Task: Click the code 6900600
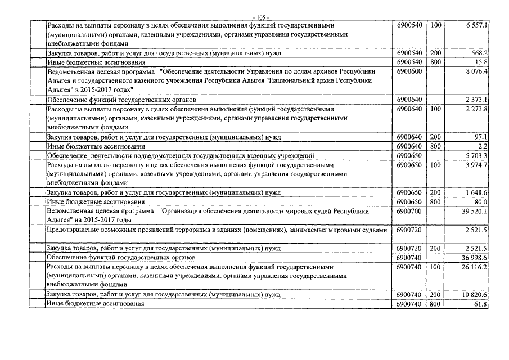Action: click(x=409, y=72)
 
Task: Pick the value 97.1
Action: click(x=480, y=137)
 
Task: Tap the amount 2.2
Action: click(x=483, y=146)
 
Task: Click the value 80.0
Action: click(x=480, y=201)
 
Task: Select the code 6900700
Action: click(x=409, y=211)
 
